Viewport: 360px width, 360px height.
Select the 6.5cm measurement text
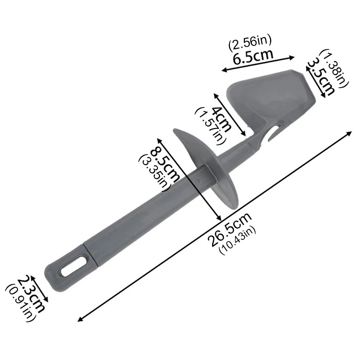(252, 56)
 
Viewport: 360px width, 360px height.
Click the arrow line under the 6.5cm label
(258, 64)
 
